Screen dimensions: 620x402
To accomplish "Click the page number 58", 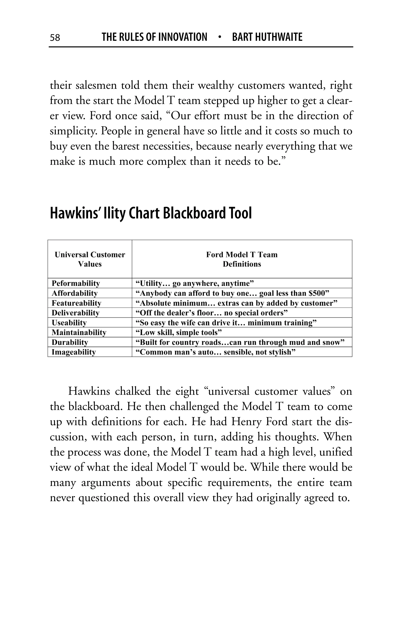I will pos(55,37).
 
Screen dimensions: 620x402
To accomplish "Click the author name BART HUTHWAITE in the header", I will pos(267,37).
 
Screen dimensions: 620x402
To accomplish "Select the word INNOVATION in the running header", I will pos(183,37).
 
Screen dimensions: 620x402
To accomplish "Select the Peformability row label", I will pos(76,283).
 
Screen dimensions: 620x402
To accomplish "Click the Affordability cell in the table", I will pos(74,293).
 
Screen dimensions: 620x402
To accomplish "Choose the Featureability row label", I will pos(76,303).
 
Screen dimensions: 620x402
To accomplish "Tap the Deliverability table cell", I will pos(75,313).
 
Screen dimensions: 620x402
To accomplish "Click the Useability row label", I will pos(69,323).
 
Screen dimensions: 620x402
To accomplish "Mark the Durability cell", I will pos(70,342).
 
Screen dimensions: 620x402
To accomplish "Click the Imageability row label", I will pos(74,352).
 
